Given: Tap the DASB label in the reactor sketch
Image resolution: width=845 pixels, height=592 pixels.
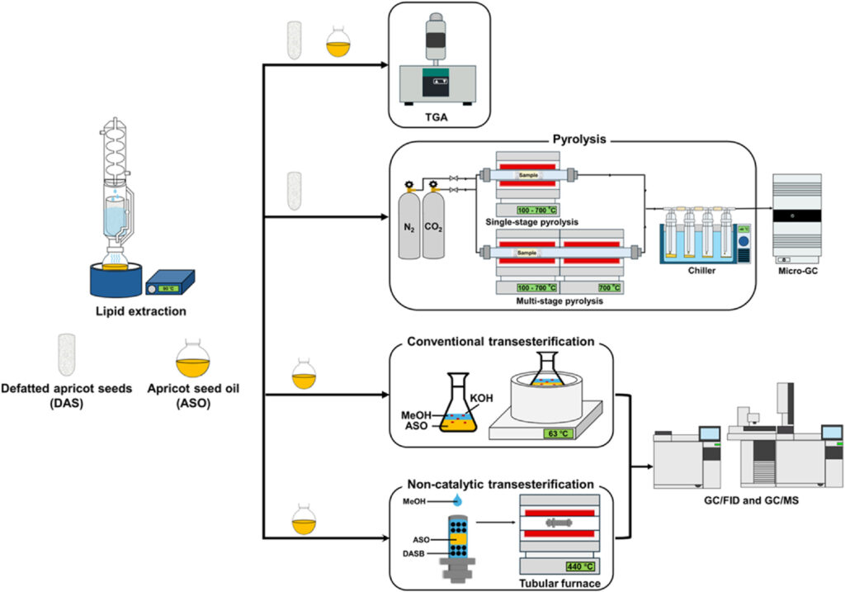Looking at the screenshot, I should coord(418,553).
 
